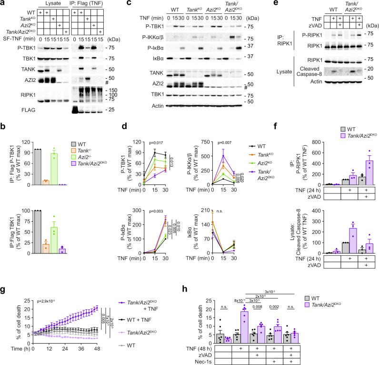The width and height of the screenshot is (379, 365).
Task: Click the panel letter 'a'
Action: point(3,4)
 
